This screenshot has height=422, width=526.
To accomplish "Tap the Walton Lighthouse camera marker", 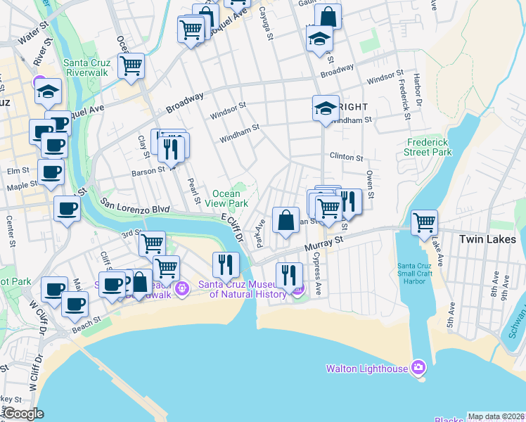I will [418, 367].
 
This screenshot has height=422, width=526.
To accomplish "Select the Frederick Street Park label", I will [429, 147].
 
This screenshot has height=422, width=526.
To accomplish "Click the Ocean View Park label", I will [231, 198].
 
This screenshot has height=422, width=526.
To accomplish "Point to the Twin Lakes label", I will [487, 239].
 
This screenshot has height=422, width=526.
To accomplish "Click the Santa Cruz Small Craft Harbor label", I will [420, 275].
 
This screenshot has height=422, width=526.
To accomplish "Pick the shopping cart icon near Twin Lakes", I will [425, 222].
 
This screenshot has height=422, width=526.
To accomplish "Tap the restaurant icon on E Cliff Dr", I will [226, 264].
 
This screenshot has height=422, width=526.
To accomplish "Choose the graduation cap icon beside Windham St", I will [326, 108].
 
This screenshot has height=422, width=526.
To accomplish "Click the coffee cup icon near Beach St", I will [75, 305].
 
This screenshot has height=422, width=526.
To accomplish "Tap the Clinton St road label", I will [345, 158].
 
